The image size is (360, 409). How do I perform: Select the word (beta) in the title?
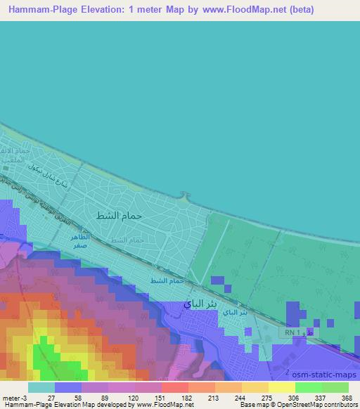click(x=299, y=10)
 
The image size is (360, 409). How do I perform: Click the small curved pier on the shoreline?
click(x=186, y=196)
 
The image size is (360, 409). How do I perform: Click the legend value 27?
click(x=51, y=398)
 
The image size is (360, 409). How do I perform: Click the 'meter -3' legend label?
click(x=16, y=398)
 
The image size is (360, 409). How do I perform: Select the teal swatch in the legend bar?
click(x=41, y=387)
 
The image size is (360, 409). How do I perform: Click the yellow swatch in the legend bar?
click(x=282, y=387)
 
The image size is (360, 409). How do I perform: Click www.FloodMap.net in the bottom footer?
click(x=167, y=405)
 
